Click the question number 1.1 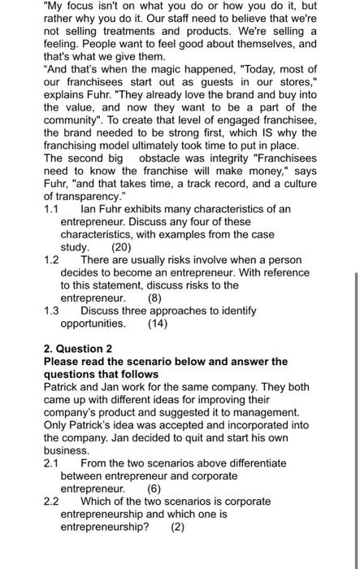pos(51,209)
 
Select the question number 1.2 pos(51,259)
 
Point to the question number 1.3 pos(51,311)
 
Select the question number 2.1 pos(51,463)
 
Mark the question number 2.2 pos(51,501)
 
